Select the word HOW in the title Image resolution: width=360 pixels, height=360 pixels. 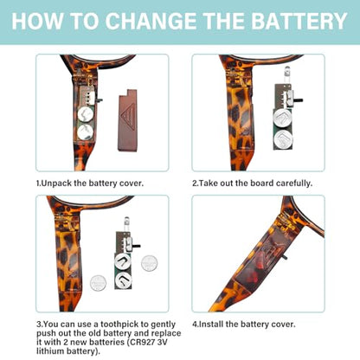(37, 21)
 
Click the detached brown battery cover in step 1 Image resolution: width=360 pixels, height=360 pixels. (127, 119)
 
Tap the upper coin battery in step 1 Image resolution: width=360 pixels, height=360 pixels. (86, 114)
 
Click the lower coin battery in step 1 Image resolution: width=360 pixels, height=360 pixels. (86, 132)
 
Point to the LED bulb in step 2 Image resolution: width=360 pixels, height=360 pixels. (286, 71)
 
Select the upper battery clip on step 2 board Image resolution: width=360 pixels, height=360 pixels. (282, 117)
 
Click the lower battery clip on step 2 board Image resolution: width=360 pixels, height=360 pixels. (284, 139)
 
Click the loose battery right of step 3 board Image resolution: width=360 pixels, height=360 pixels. (149, 263)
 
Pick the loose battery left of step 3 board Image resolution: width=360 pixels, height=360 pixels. (98, 283)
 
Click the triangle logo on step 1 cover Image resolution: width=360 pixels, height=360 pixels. (129, 114)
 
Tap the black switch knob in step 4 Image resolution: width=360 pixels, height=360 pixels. (285, 256)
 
